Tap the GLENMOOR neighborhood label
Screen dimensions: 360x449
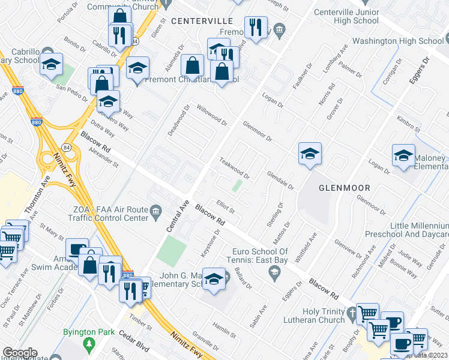coord(344,187)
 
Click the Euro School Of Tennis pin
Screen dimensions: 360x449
coord(275,274)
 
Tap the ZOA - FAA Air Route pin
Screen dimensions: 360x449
coord(156,210)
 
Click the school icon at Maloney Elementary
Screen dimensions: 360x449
coord(403,155)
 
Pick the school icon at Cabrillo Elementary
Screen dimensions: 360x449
coord(52,64)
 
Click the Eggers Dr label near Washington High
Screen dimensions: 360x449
coord(426,68)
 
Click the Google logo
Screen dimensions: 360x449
coord(20,353)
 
